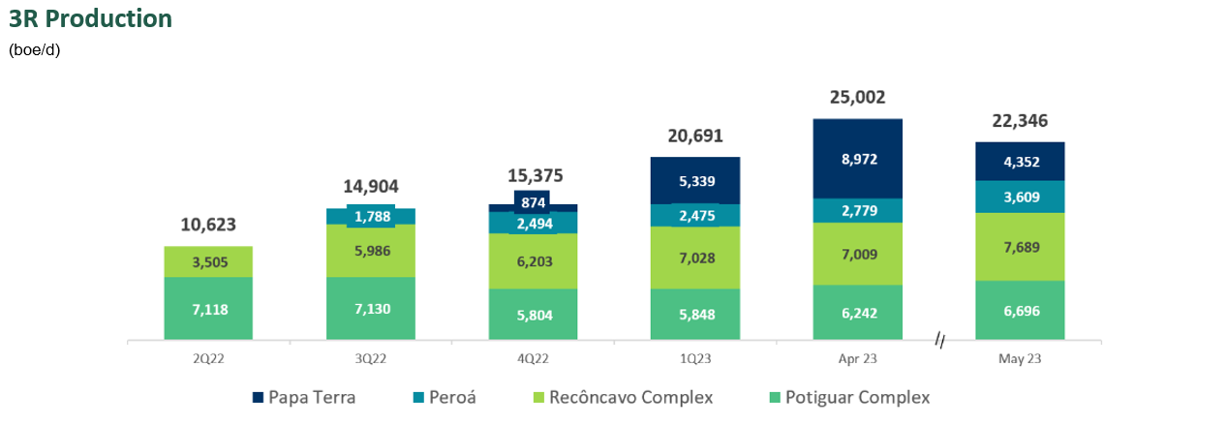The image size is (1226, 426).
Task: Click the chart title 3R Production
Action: (x=90, y=18)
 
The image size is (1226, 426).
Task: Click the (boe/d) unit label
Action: (x=34, y=50)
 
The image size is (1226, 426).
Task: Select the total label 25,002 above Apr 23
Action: (x=857, y=97)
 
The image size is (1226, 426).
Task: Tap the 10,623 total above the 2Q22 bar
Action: (x=208, y=225)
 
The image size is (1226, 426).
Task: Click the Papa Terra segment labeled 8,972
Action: (x=857, y=159)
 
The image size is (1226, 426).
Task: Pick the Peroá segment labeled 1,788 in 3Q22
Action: (x=371, y=216)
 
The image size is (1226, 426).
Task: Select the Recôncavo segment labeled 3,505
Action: (x=208, y=261)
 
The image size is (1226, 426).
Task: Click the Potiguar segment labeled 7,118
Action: (x=208, y=309)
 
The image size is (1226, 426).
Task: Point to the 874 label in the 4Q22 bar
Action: (x=533, y=202)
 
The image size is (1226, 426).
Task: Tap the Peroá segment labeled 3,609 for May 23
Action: (x=1020, y=197)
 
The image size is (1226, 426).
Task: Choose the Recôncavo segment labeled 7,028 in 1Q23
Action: (x=695, y=258)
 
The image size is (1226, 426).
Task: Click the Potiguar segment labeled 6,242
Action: (x=857, y=313)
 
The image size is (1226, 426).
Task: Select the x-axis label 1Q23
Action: (x=695, y=358)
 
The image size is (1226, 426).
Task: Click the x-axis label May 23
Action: (x=1020, y=358)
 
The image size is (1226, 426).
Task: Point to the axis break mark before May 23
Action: (x=939, y=340)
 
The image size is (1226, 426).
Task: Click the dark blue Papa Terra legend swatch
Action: (x=258, y=398)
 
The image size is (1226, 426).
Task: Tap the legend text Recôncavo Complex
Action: (x=630, y=397)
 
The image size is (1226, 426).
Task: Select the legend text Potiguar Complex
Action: (x=857, y=397)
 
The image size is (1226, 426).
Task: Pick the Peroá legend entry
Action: (x=444, y=397)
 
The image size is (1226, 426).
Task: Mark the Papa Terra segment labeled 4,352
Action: (x=1020, y=161)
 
